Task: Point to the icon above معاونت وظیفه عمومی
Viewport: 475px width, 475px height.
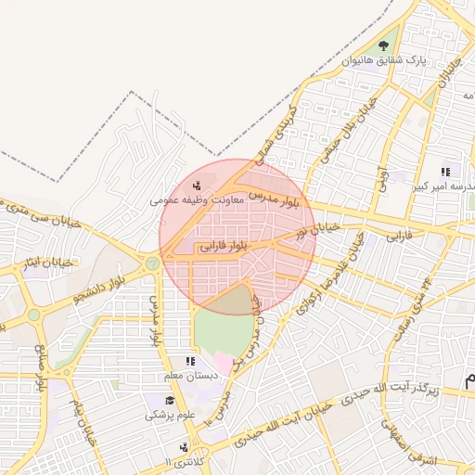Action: pos(196,184)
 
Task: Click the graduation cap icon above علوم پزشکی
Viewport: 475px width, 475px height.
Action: pos(169,401)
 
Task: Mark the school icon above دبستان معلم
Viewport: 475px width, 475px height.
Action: pos(190,361)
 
